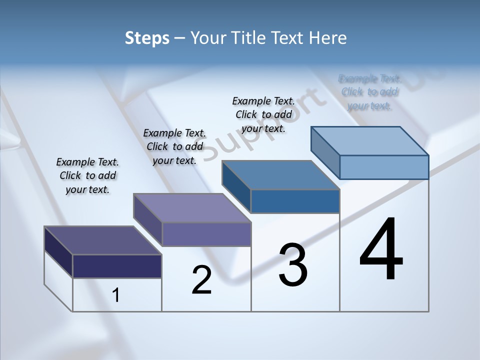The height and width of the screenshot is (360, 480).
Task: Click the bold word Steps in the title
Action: pyautogui.click(x=147, y=38)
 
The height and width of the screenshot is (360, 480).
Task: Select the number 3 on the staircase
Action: pyautogui.click(x=293, y=265)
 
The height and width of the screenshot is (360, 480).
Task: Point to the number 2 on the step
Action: pyautogui.click(x=201, y=280)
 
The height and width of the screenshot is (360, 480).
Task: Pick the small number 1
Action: pyautogui.click(x=116, y=295)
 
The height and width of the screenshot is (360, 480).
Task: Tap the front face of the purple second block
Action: pyautogui.click(x=206, y=234)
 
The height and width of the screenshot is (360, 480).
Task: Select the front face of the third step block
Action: pyautogui.click(x=295, y=201)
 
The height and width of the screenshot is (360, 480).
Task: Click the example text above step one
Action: pyautogui.click(x=87, y=175)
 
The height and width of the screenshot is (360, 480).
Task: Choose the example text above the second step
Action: pyautogui.click(x=174, y=146)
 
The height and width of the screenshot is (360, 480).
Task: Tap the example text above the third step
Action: pyautogui.click(x=263, y=114)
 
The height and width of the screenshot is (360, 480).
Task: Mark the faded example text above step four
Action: pyautogui.click(x=369, y=92)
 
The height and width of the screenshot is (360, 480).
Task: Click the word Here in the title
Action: pyautogui.click(x=327, y=38)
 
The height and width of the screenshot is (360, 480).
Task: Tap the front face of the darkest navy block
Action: pyautogui.click(x=117, y=266)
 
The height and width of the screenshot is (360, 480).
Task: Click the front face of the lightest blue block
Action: pyautogui.click(x=384, y=167)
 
